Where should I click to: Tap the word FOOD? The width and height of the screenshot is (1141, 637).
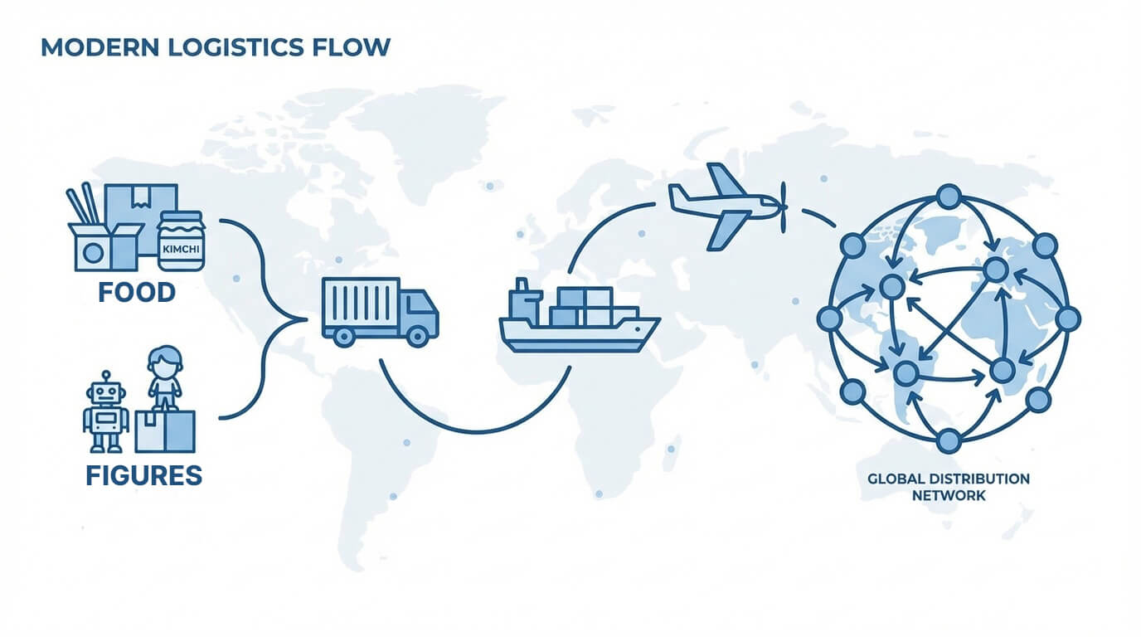click(137, 292)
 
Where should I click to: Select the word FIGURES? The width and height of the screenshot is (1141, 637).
click(143, 475)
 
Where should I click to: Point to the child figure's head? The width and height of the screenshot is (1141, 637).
click(164, 362)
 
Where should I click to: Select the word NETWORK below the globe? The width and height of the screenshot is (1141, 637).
click(949, 495)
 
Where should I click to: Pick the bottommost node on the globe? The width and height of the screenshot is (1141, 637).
click(949, 440)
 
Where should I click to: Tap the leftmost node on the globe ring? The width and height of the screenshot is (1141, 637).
click(829, 318)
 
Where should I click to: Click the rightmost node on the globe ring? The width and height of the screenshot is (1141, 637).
click(1068, 318)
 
